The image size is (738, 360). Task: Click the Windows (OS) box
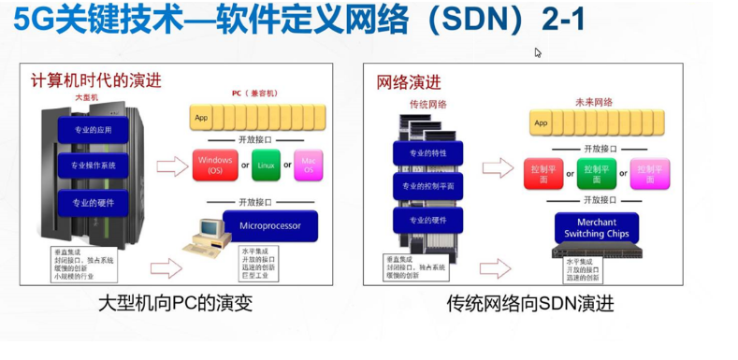click(214, 166)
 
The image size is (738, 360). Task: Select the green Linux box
click(266, 166)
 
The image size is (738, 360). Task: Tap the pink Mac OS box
click(308, 166)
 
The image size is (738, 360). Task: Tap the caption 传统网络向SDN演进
click(529, 305)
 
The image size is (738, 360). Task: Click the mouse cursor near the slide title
click(538, 52)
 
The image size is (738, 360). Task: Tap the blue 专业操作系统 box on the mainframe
click(92, 166)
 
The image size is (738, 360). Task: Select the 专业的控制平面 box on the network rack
click(427, 186)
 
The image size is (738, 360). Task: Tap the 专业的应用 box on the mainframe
click(92, 130)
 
